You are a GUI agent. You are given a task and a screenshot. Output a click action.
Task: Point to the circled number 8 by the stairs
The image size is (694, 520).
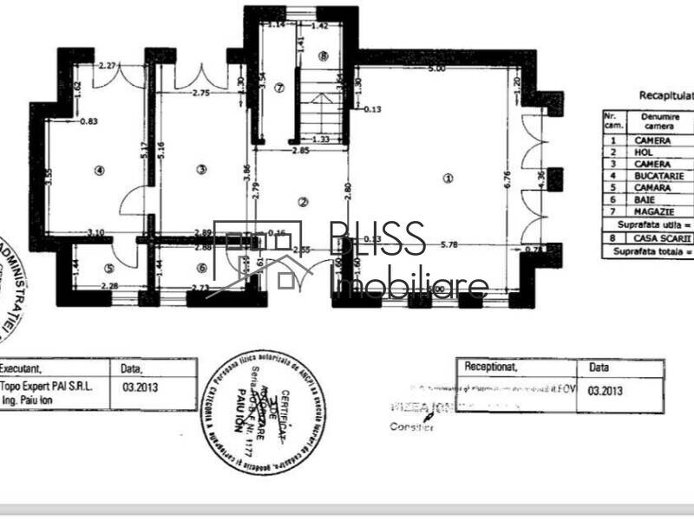tap(323, 56)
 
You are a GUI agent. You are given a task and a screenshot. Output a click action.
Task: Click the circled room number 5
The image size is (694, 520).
tap(109, 269)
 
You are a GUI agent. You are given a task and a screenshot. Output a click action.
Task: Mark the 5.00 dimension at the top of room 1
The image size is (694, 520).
tap(436, 68)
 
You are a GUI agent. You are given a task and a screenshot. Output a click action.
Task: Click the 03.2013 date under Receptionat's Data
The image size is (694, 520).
tap(605, 391)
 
